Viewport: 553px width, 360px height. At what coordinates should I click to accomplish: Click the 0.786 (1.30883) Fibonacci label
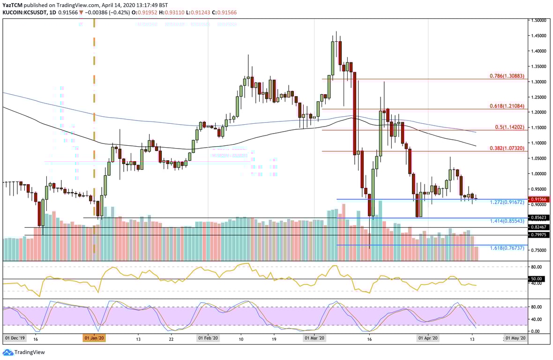(x=507, y=76)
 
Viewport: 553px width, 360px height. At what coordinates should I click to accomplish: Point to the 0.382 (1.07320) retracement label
(x=507, y=148)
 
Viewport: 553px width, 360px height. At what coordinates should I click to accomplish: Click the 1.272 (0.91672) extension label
(x=507, y=202)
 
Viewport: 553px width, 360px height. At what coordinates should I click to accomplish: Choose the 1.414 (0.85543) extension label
(x=507, y=221)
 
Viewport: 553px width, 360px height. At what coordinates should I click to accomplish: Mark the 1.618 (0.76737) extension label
(x=507, y=248)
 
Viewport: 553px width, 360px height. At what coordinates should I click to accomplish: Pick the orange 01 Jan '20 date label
(x=94, y=338)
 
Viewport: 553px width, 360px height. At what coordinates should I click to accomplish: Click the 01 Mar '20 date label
(x=314, y=338)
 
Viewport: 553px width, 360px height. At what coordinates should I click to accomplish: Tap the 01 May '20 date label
(x=516, y=338)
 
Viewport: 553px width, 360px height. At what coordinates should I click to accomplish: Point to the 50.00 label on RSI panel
(x=537, y=278)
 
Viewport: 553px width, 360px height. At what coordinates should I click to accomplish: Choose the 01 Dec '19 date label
(x=15, y=338)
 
